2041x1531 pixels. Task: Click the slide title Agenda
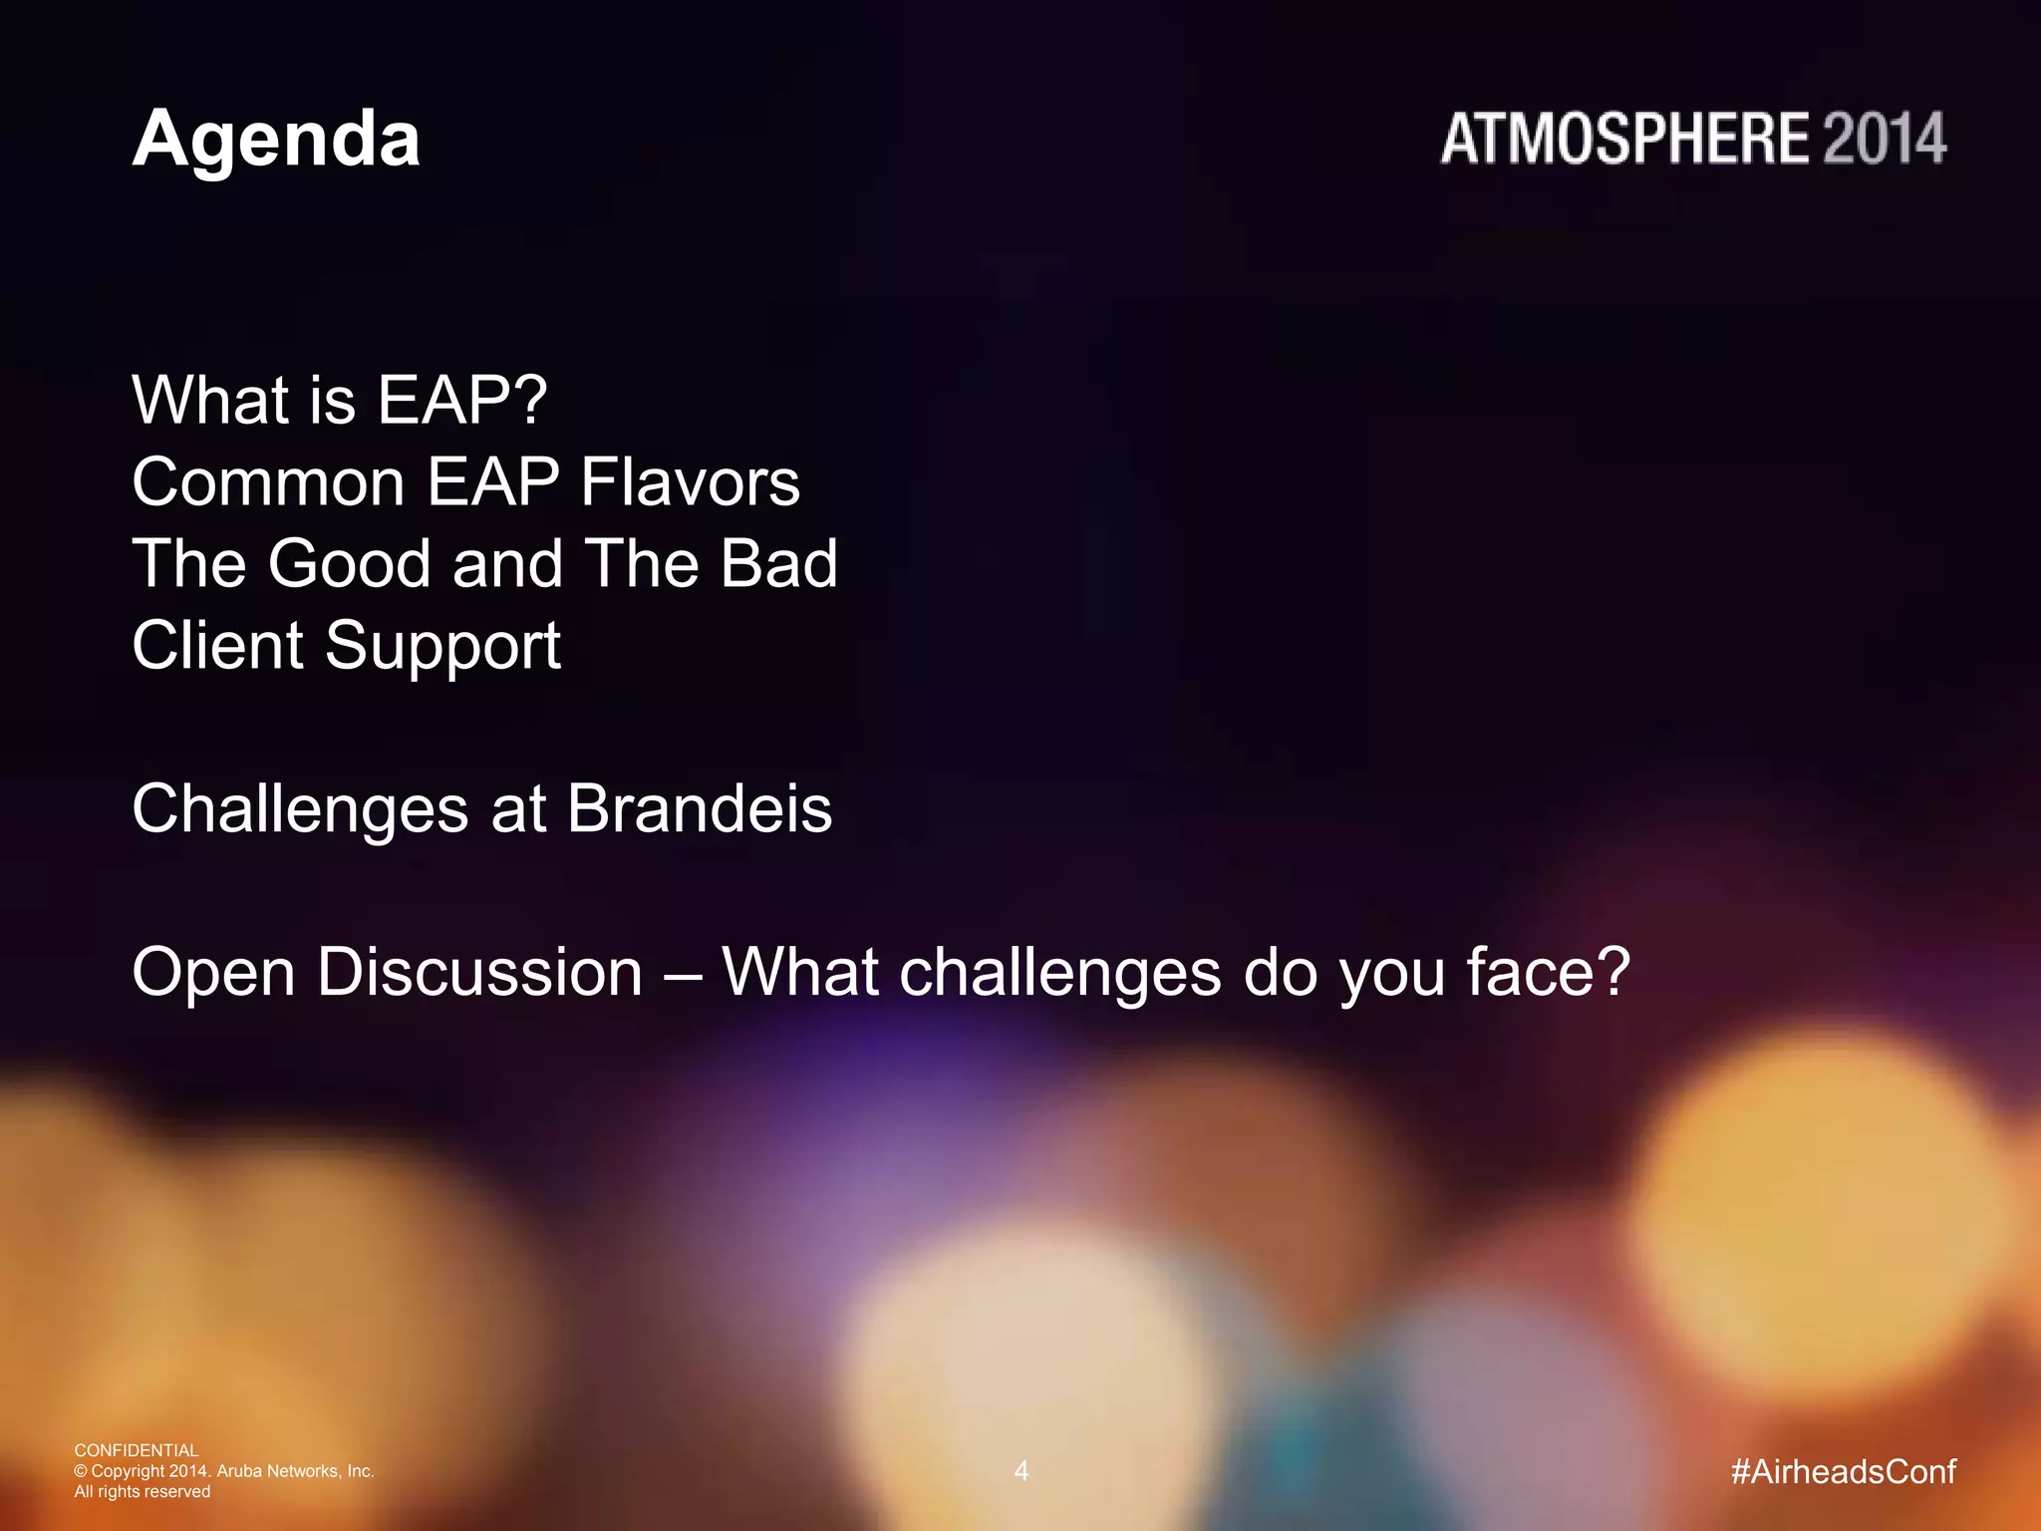click(x=276, y=141)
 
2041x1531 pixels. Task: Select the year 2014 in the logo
click(x=1885, y=139)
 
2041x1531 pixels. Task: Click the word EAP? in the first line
click(x=462, y=401)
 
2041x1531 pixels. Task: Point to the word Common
click(x=268, y=482)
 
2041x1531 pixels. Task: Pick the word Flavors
click(x=690, y=482)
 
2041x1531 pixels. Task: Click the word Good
click(x=349, y=564)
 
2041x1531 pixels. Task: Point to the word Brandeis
click(x=699, y=808)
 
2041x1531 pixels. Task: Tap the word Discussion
click(x=479, y=972)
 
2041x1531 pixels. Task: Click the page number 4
click(x=1020, y=1471)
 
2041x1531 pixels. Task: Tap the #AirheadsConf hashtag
click(x=1843, y=1471)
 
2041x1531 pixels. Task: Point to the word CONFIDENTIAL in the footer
click(x=137, y=1450)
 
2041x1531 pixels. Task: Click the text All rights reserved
click(x=143, y=1492)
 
